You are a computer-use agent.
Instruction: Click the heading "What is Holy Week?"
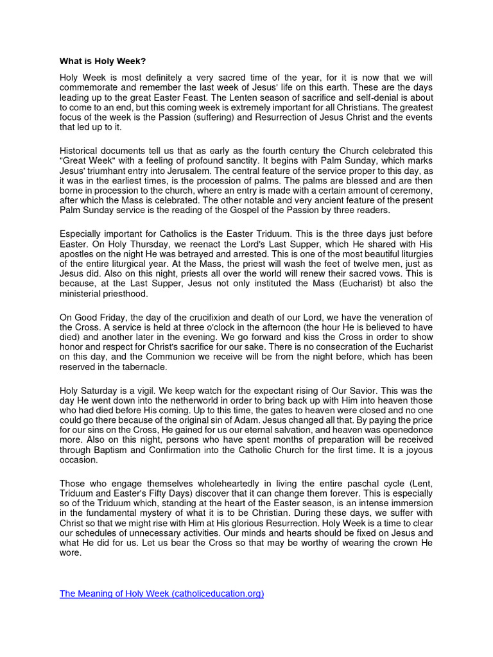click(x=103, y=62)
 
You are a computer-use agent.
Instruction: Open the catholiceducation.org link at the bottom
click(x=162, y=594)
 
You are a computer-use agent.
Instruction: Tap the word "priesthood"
click(x=125, y=294)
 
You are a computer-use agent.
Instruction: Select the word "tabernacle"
click(x=142, y=367)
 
